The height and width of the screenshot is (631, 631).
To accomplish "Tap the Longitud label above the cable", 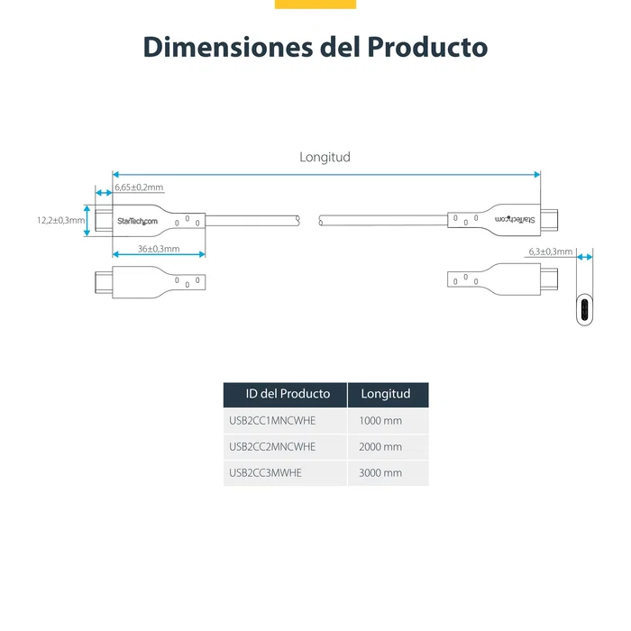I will (x=325, y=157).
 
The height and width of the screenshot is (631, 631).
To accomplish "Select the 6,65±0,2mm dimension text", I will (x=139, y=187).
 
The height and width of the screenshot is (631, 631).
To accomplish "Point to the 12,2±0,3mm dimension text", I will (x=60, y=220).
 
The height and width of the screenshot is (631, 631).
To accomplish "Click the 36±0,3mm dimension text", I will (x=159, y=249).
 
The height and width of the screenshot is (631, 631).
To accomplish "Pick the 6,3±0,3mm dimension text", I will (x=550, y=251).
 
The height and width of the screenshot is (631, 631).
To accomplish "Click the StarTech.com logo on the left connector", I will (x=137, y=221).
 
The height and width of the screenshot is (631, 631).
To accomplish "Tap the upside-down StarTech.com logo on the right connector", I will (x=515, y=219).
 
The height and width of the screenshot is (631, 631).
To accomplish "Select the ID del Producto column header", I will (x=288, y=394).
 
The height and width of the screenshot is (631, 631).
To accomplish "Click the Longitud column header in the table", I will (x=386, y=394).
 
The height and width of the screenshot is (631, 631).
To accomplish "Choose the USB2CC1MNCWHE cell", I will (x=272, y=421).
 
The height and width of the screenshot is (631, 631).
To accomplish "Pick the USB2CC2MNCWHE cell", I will (x=272, y=446).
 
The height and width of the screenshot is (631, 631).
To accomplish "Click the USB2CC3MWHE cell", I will (x=265, y=472).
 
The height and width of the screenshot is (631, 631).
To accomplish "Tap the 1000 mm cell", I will (x=380, y=421).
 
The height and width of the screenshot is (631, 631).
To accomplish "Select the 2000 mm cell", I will (x=380, y=446).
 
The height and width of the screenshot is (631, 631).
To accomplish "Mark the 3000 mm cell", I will (x=380, y=472).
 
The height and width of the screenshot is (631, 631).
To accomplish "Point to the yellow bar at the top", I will (x=315, y=5).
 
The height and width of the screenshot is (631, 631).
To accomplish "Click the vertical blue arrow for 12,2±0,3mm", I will (x=87, y=220).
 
